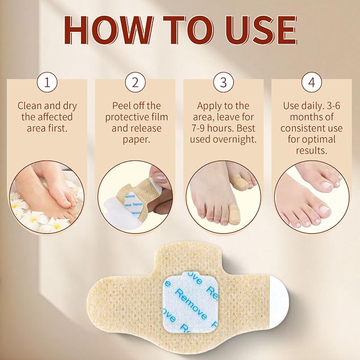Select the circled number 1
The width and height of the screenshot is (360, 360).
(x=47, y=82)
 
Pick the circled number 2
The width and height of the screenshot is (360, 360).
(x=135, y=82)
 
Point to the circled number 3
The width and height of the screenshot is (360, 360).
(x=223, y=82)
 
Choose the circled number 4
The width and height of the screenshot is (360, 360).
(x=312, y=82)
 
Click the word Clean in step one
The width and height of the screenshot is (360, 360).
(x=30, y=106)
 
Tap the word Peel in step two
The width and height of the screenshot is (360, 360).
(x=121, y=106)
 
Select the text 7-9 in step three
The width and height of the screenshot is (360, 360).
(x=198, y=128)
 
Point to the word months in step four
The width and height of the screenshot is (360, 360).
(x=304, y=117)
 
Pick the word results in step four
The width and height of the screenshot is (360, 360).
(x=312, y=151)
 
